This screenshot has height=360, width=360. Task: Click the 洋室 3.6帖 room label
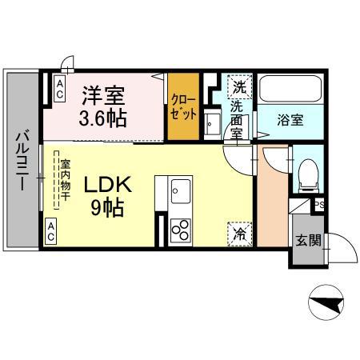point(103,106)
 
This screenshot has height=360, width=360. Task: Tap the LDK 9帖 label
point(108,195)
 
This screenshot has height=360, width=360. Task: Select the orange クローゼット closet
point(183,106)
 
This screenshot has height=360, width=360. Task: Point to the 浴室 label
point(290,120)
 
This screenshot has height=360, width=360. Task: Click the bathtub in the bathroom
point(290,89)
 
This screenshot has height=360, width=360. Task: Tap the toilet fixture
point(309,175)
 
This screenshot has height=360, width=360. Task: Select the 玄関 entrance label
point(308,241)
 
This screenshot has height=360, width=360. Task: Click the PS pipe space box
point(318,205)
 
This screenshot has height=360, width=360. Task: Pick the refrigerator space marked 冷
point(240,234)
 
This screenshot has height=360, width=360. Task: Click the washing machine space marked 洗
point(240,87)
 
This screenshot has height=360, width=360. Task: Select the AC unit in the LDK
point(50,231)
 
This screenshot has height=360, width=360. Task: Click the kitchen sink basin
point(181,191)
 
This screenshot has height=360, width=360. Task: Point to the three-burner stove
point(181,230)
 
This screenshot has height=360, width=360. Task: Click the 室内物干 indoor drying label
point(65,180)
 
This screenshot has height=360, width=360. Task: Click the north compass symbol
point(326,302)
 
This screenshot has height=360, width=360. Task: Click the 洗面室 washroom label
point(237,120)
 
